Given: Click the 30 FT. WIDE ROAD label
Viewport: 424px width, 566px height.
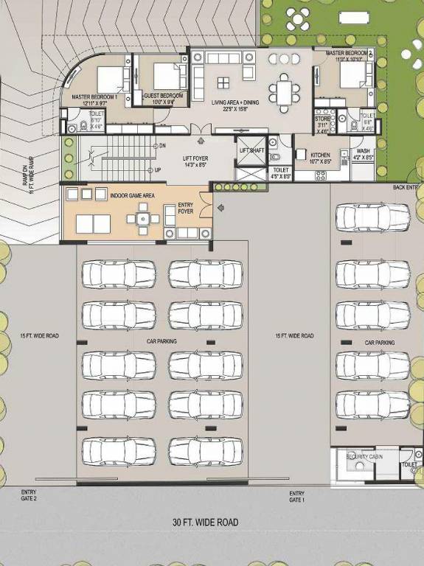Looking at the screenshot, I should tap(206, 523).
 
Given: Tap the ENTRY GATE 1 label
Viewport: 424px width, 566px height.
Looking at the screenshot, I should tap(296, 496).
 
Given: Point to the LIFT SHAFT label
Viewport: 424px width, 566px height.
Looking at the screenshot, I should tap(252, 150).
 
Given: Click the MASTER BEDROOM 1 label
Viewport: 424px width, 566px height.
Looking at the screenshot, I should tap(95, 99).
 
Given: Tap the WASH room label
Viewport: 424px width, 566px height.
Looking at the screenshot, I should tap(363, 153).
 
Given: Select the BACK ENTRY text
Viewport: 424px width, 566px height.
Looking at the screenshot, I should tap(408, 188).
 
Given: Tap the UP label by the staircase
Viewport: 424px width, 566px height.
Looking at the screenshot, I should tap(158, 170).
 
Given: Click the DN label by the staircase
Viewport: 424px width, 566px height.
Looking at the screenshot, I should tap(161, 146).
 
